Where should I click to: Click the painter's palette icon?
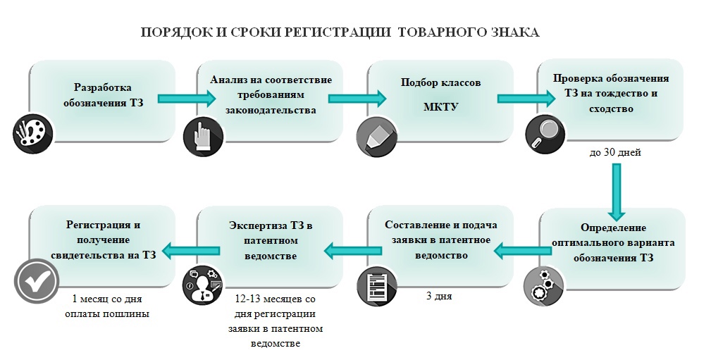(x=33, y=134)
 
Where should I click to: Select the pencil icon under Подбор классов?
(x=376, y=137)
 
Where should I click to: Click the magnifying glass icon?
(x=545, y=134)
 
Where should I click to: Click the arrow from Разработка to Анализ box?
(x=187, y=99)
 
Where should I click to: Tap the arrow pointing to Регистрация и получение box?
(x=191, y=250)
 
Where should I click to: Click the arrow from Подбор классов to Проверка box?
(x=526, y=99)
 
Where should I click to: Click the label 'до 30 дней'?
(x=615, y=153)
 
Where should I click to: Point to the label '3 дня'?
(x=439, y=297)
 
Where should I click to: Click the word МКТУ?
(x=440, y=107)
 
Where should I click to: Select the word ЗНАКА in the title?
(x=514, y=32)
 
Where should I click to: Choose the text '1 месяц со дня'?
(x=107, y=299)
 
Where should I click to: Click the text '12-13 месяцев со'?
(x=276, y=299)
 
